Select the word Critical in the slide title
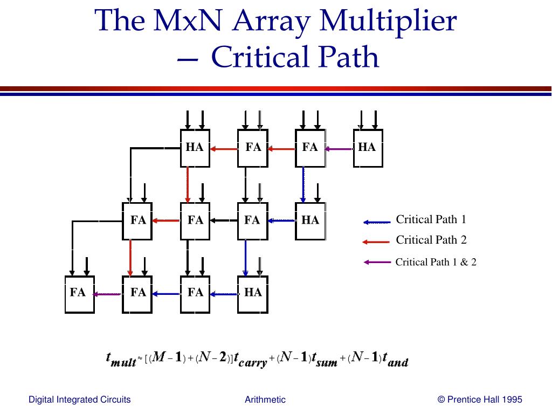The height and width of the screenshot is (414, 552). pyautogui.click(x=254, y=58)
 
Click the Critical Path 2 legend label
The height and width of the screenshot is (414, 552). pyautogui.click(x=431, y=240)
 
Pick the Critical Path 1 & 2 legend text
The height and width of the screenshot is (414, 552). pyautogui.click(x=436, y=263)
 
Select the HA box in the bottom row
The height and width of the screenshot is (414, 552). pyautogui.click(x=253, y=293)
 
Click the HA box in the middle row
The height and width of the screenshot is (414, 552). pyautogui.click(x=310, y=220)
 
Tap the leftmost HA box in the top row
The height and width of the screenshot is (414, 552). pyautogui.click(x=195, y=148)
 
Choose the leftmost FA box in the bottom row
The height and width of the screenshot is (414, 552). pyautogui.click(x=79, y=293)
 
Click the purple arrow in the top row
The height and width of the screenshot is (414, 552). pyautogui.click(x=339, y=149)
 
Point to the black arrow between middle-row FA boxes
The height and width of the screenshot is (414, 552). pyautogui.click(x=224, y=220)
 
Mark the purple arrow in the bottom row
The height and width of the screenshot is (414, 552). pyautogui.click(x=107, y=294)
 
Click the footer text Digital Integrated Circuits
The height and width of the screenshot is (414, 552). pyautogui.click(x=79, y=399)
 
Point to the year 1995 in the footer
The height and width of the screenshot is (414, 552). pyautogui.click(x=512, y=399)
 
